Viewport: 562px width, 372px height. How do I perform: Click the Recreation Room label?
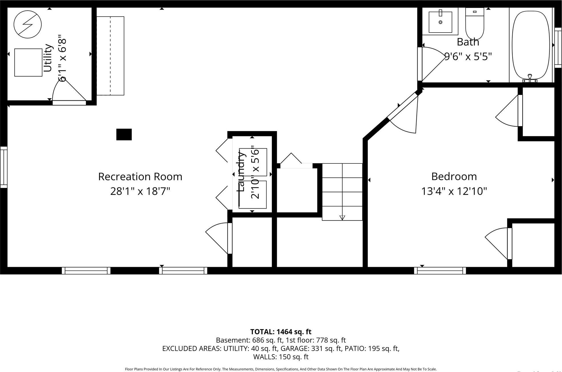coord(140,177)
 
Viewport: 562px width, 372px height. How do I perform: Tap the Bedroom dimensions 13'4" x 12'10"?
coord(454,191)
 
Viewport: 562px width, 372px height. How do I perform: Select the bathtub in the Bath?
coord(531,45)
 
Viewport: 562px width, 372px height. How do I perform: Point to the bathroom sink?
coord(440,22)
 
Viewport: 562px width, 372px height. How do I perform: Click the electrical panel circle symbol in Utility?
coord(28,24)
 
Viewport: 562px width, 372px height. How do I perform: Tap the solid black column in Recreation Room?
coord(124,134)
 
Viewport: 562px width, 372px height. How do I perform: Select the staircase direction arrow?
coord(342,217)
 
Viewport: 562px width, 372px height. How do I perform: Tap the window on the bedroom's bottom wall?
coord(440,270)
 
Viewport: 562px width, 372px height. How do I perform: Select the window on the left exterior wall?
coord(4,167)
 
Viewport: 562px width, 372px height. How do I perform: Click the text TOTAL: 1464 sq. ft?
coord(281,332)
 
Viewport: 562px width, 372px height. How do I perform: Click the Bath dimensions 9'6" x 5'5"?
coord(468,57)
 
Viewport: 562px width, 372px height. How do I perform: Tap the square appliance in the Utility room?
coord(28,62)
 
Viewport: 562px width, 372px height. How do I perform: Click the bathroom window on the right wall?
coord(558,47)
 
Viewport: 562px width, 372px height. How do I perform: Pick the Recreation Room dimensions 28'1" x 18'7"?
coord(140,191)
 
